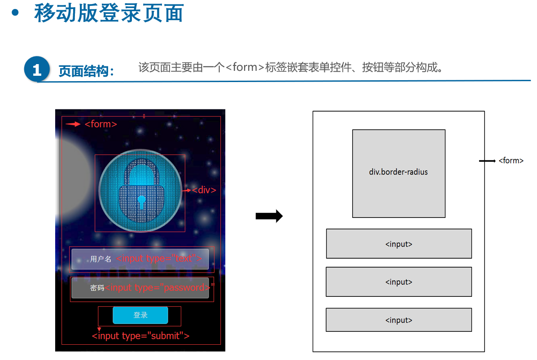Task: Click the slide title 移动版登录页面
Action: pyautogui.click(x=109, y=13)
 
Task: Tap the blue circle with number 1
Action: pyautogui.click(x=37, y=69)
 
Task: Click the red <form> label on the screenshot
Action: pyautogui.click(x=101, y=124)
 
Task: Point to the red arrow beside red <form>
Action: pyautogui.click(x=73, y=124)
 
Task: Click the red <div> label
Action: pyautogui.click(x=204, y=190)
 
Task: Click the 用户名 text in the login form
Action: pyautogui.click(x=100, y=259)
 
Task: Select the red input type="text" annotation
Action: pyautogui.click(x=159, y=258)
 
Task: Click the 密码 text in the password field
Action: pyautogui.click(x=97, y=288)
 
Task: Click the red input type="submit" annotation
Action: pyautogui.click(x=140, y=336)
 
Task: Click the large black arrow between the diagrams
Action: pyautogui.click(x=269, y=217)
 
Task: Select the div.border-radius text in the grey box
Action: pyautogui.click(x=398, y=172)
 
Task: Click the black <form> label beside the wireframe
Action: pyautogui.click(x=511, y=160)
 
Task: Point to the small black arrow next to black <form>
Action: pyautogui.click(x=487, y=160)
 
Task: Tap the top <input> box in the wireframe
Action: pyautogui.click(x=399, y=244)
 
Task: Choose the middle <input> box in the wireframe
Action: pyautogui.click(x=399, y=282)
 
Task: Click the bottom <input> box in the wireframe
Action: pyautogui.click(x=399, y=320)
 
